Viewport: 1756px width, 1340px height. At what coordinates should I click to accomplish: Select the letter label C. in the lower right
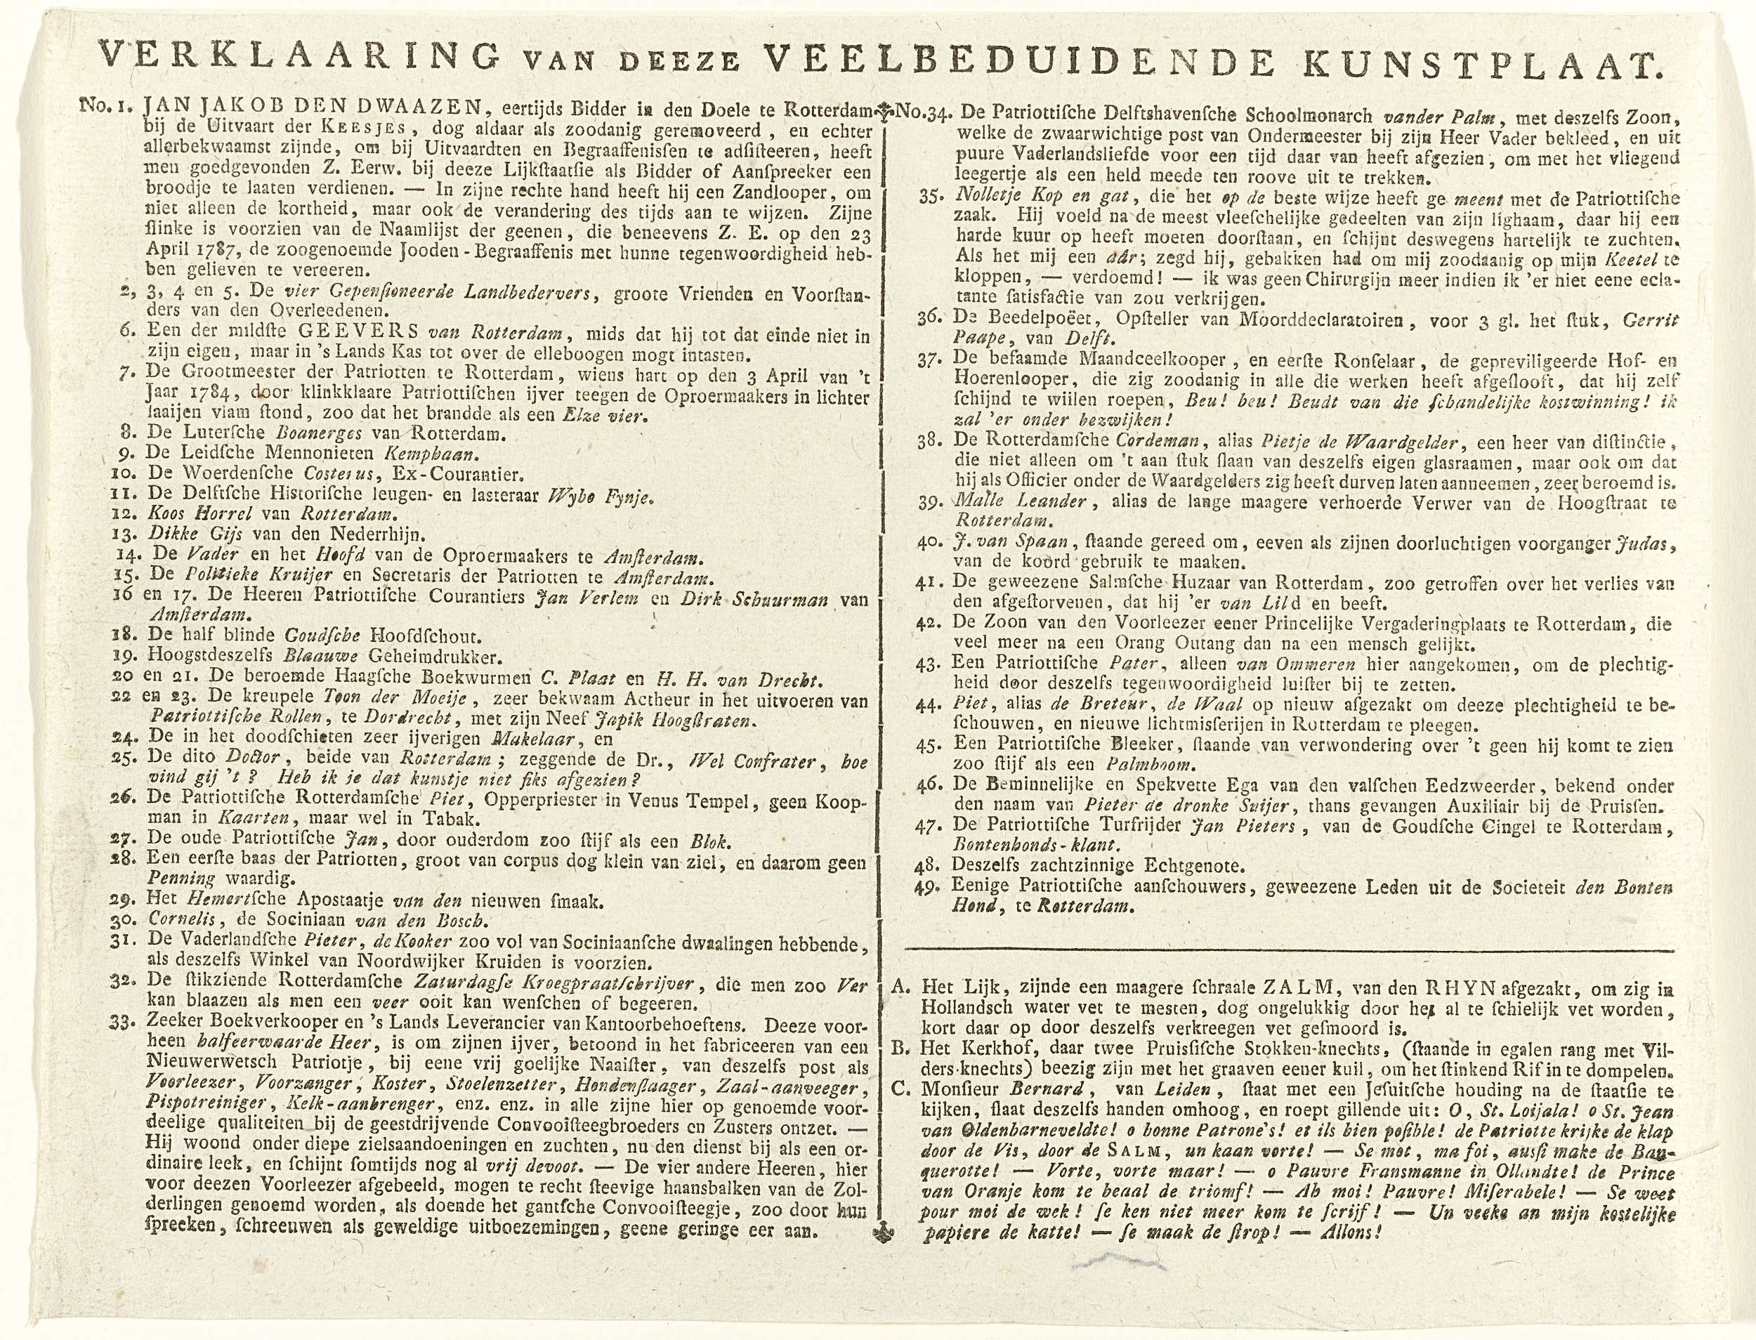[x=900, y=1089]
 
